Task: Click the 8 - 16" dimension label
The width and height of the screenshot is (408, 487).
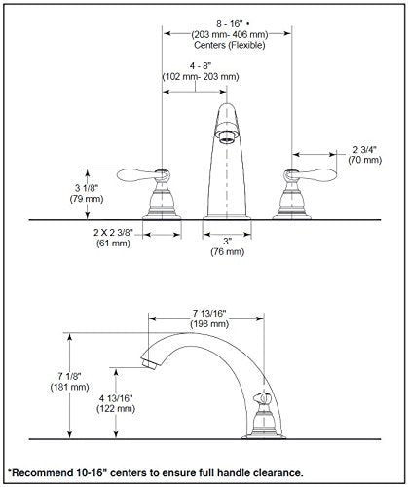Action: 230,23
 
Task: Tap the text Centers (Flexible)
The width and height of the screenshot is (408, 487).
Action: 230,45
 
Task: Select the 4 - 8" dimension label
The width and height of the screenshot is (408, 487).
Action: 201,66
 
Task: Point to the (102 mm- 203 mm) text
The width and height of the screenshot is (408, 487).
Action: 201,77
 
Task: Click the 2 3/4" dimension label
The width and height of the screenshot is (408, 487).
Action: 364,149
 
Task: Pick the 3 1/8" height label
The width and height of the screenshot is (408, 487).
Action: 87,188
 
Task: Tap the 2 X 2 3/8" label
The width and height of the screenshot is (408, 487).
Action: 113,233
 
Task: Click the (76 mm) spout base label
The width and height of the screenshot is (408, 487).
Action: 227,251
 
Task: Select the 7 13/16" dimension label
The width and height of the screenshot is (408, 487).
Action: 209,314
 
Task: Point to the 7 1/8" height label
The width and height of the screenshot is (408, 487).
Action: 69,376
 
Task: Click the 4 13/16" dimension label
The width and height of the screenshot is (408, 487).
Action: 116,398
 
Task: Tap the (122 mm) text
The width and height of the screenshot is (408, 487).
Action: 116,408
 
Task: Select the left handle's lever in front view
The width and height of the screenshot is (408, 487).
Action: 139,175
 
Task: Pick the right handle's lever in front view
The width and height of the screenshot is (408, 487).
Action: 314,175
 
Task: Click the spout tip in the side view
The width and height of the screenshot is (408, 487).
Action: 149,362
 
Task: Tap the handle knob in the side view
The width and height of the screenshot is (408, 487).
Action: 262,398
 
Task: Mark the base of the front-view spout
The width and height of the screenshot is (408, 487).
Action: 227,217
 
